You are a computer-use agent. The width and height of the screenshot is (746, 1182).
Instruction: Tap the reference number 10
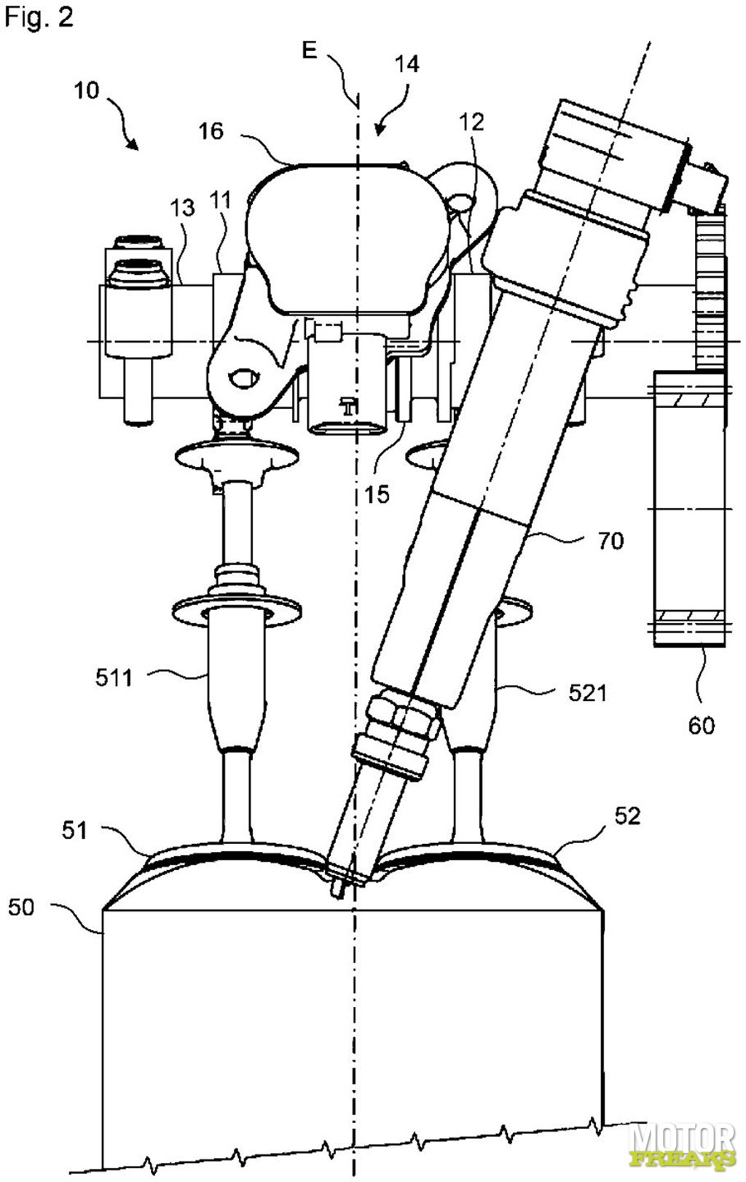87,91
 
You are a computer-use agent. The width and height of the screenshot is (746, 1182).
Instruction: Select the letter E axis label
309,50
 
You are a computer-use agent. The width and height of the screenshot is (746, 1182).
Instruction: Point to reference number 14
407,64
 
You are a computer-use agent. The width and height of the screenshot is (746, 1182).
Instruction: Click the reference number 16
211,131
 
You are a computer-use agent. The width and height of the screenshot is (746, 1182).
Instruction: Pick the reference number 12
471,122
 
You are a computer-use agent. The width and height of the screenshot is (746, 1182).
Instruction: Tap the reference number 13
182,208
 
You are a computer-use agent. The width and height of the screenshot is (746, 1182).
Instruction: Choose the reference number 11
220,200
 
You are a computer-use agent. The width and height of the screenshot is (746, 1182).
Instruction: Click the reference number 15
377,494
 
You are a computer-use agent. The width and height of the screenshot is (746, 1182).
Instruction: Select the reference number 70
611,541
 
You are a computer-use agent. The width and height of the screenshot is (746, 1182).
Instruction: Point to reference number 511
114,678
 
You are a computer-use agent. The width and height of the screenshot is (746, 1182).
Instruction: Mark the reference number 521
588,693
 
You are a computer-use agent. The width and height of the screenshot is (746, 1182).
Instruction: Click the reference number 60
702,726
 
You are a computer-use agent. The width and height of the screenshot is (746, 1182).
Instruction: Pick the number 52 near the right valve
628,815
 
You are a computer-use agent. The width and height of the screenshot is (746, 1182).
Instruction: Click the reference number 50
21,907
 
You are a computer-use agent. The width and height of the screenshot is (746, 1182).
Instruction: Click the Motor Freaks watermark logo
685,1151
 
